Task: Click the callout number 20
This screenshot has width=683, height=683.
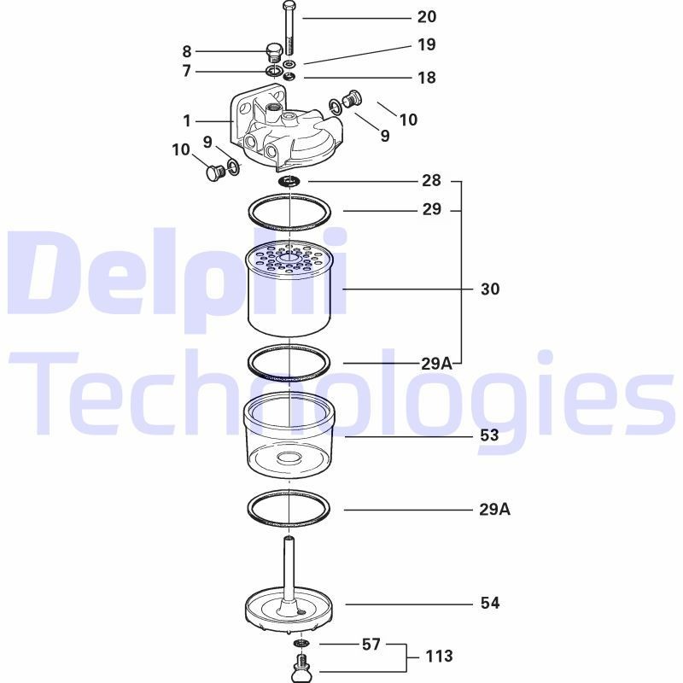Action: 426,17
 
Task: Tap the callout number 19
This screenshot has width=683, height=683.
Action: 426,44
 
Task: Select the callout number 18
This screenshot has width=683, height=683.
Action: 426,78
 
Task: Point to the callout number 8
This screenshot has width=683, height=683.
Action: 187,51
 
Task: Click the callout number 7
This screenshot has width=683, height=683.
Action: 187,71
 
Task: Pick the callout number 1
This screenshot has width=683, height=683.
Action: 187,120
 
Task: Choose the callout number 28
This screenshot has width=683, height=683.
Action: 431,180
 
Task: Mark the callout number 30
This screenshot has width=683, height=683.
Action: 490,289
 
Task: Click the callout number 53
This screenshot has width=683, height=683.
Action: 489,435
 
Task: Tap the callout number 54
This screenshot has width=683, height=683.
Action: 490,603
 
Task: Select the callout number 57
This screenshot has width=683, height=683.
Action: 371,645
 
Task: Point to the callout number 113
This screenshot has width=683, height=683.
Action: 439,656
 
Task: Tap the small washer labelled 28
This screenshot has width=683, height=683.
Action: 289,180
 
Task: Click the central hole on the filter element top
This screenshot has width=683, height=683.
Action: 289,259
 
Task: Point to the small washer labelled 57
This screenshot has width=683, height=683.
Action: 301,644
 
